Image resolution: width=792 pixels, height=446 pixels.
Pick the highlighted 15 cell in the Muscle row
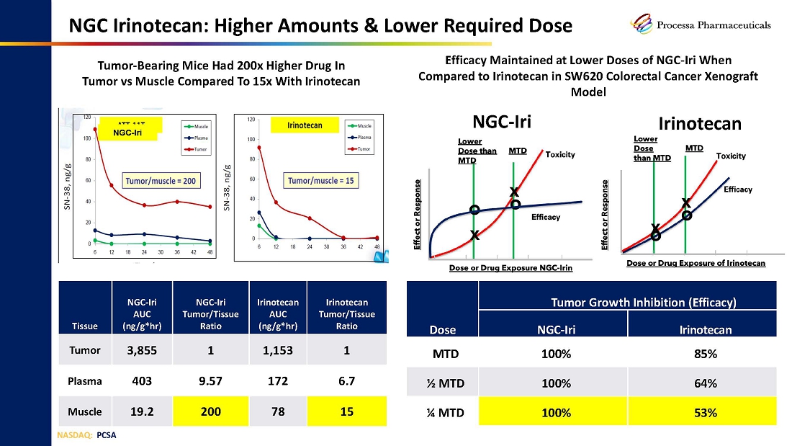pyautogui.click(x=346, y=411)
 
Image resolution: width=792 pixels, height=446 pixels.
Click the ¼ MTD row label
pyautogui.click(x=442, y=413)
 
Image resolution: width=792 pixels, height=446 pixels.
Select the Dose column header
pyautogui.click(x=442, y=330)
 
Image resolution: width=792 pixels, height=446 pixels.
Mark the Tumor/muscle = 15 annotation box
pyautogui.click(x=321, y=180)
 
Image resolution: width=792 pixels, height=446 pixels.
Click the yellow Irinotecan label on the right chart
pyautogui.click(x=303, y=125)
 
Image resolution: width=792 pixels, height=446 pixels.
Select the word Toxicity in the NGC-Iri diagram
pyautogui.click(x=560, y=154)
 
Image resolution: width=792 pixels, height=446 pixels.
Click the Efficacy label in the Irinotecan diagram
pyautogui.click(x=738, y=189)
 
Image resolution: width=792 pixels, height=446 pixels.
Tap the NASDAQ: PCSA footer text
pyautogui.click(x=86, y=435)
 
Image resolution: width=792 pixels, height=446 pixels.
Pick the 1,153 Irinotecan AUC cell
pyautogui.click(x=278, y=350)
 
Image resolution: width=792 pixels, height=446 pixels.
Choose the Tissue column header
pyautogui.click(x=84, y=326)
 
